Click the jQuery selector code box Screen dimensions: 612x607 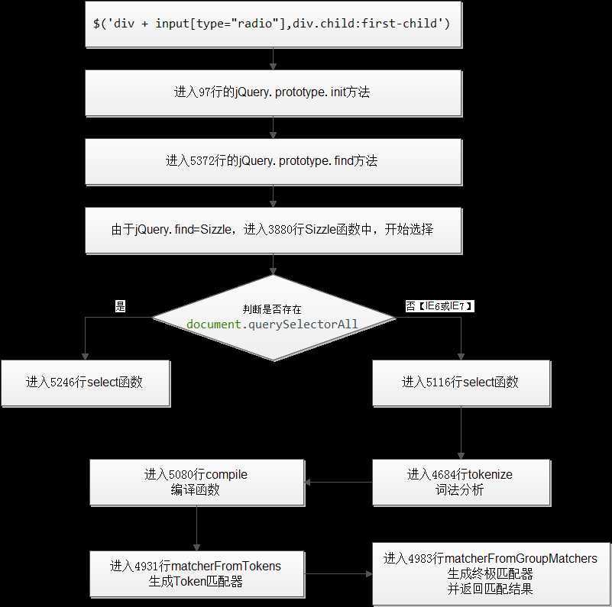pyautogui.click(x=274, y=24)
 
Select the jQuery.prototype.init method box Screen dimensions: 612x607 pyautogui.click(x=274, y=93)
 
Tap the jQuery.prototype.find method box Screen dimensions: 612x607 pyautogui.click(x=274, y=162)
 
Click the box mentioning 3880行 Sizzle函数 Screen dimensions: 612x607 pyautogui.click(x=274, y=230)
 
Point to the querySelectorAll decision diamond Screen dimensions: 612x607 pyautogui.click(x=274, y=318)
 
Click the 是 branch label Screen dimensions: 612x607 pyautogui.click(x=120, y=306)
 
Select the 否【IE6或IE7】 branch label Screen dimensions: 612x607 pyautogui.click(x=439, y=306)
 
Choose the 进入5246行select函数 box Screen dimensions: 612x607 pyautogui.click(x=86, y=383)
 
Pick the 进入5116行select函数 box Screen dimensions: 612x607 pyautogui.click(x=461, y=383)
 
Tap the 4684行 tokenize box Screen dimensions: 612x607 pyautogui.click(x=461, y=483)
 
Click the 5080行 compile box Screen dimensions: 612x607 pyautogui.click(x=197, y=483)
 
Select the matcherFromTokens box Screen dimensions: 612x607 pyautogui.click(x=197, y=574)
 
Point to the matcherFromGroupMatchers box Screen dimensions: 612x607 pyautogui.click(x=491, y=574)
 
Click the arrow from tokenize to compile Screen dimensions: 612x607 pyautogui.click(x=338, y=483)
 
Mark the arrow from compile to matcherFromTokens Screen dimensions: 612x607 pyautogui.click(x=196, y=528)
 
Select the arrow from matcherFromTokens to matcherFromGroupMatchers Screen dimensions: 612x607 pyautogui.click(x=338, y=574)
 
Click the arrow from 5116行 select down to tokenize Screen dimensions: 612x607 pyautogui.click(x=461, y=433)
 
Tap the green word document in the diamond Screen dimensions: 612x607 pyautogui.click(x=213, y=324)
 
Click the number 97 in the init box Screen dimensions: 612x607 pyautogui.click(x=205, y=92)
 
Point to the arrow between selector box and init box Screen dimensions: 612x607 pyautogui.click(x=274, y=59)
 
